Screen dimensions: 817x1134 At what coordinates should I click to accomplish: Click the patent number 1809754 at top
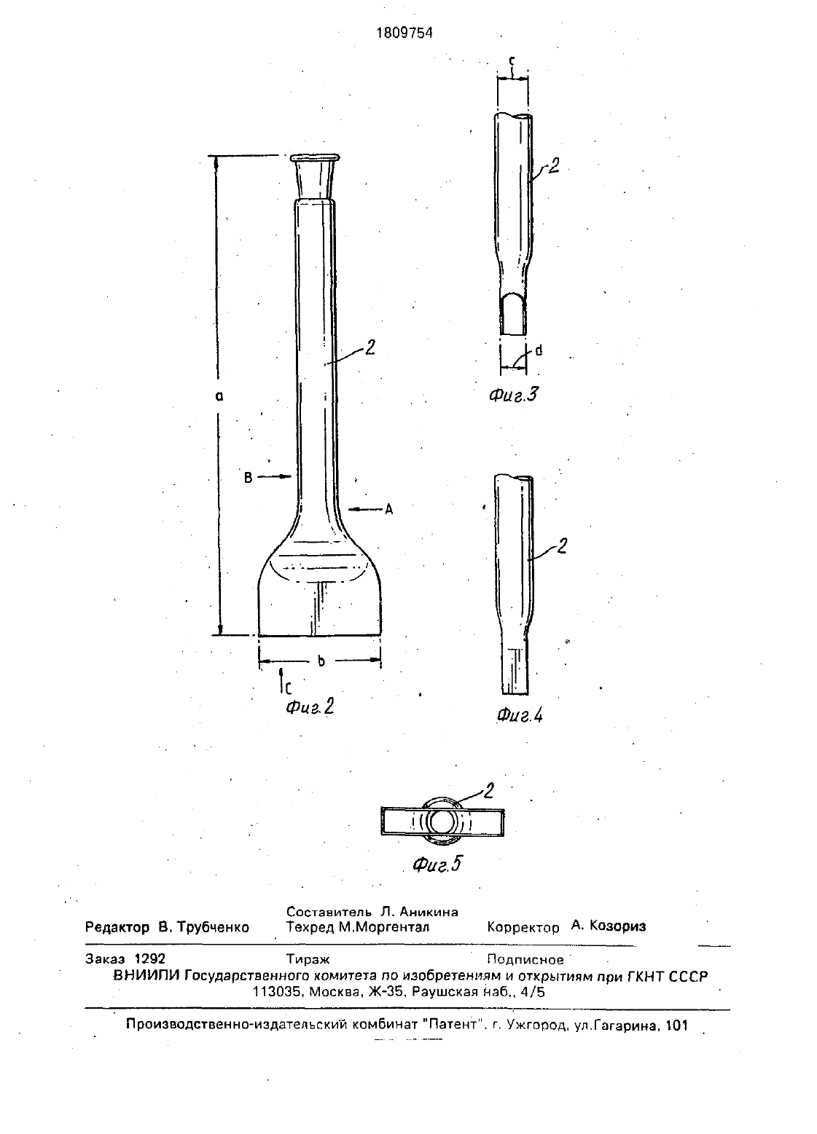[x=404, y=34]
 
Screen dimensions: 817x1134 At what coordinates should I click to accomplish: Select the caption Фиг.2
[x=310, y=706]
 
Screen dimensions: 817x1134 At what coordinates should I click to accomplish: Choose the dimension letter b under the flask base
[x=321, y=661]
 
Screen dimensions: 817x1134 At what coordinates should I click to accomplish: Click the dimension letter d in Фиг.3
[x=539, y=350]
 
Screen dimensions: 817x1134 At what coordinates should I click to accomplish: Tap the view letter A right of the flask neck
[x=389, y=509]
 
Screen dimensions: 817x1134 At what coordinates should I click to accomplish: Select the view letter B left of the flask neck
[x=249, y=477]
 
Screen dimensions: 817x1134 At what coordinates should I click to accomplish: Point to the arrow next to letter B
[x=275, y=476]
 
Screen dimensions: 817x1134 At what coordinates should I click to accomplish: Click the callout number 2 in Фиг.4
[x=562, y=546]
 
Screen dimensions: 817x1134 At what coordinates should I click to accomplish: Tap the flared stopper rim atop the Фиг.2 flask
[x=315, y=158]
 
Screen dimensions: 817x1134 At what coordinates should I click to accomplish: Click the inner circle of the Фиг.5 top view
[x=442, y=822]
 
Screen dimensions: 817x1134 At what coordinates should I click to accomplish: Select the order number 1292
[x=150, y=958]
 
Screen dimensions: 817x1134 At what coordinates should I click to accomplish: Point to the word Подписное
[x=525, y=959]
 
